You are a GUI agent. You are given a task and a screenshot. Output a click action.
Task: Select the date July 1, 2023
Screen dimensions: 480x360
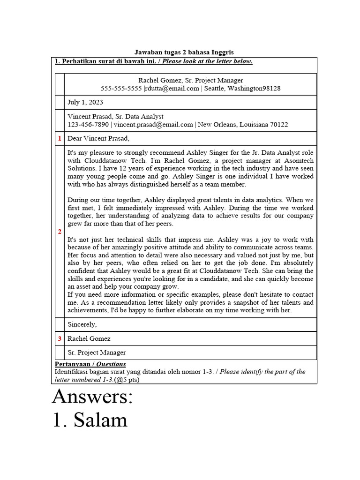[x=85, y=102]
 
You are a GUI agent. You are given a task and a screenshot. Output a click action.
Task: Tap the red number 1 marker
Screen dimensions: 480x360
[x=60, y=138]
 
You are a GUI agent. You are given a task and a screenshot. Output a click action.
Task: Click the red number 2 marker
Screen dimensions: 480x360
[x=60, y=232]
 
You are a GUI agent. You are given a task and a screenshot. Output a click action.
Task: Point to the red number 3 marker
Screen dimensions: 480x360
[x=60, y=338]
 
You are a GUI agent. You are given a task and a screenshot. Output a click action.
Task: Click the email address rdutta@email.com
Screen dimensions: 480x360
[x=172, y=88]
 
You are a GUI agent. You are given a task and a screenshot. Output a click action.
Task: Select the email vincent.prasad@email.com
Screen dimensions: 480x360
[x=153, y=124]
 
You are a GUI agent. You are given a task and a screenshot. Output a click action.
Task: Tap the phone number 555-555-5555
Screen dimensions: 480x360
[x=121, y=88]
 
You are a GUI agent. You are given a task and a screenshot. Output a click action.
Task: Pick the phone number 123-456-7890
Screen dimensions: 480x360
[x=88, y=124]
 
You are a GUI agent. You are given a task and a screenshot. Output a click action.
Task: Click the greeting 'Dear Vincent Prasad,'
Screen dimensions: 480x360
[x=98, y=138]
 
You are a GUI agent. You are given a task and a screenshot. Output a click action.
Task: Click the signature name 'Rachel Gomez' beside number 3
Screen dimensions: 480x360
[x=89, y=338]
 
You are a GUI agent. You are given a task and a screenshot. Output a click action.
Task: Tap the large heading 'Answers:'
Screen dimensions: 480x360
[x=93, y=397]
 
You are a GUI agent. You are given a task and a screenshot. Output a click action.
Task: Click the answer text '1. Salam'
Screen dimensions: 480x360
[x=90, y=419]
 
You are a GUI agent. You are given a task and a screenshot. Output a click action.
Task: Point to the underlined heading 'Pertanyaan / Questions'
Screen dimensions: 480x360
[x=90, y=364]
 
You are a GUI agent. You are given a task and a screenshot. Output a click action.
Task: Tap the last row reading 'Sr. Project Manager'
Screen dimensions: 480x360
[x=97, y=352]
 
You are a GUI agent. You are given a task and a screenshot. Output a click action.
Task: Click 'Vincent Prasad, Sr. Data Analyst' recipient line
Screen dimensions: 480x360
[x=115, y=116]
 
